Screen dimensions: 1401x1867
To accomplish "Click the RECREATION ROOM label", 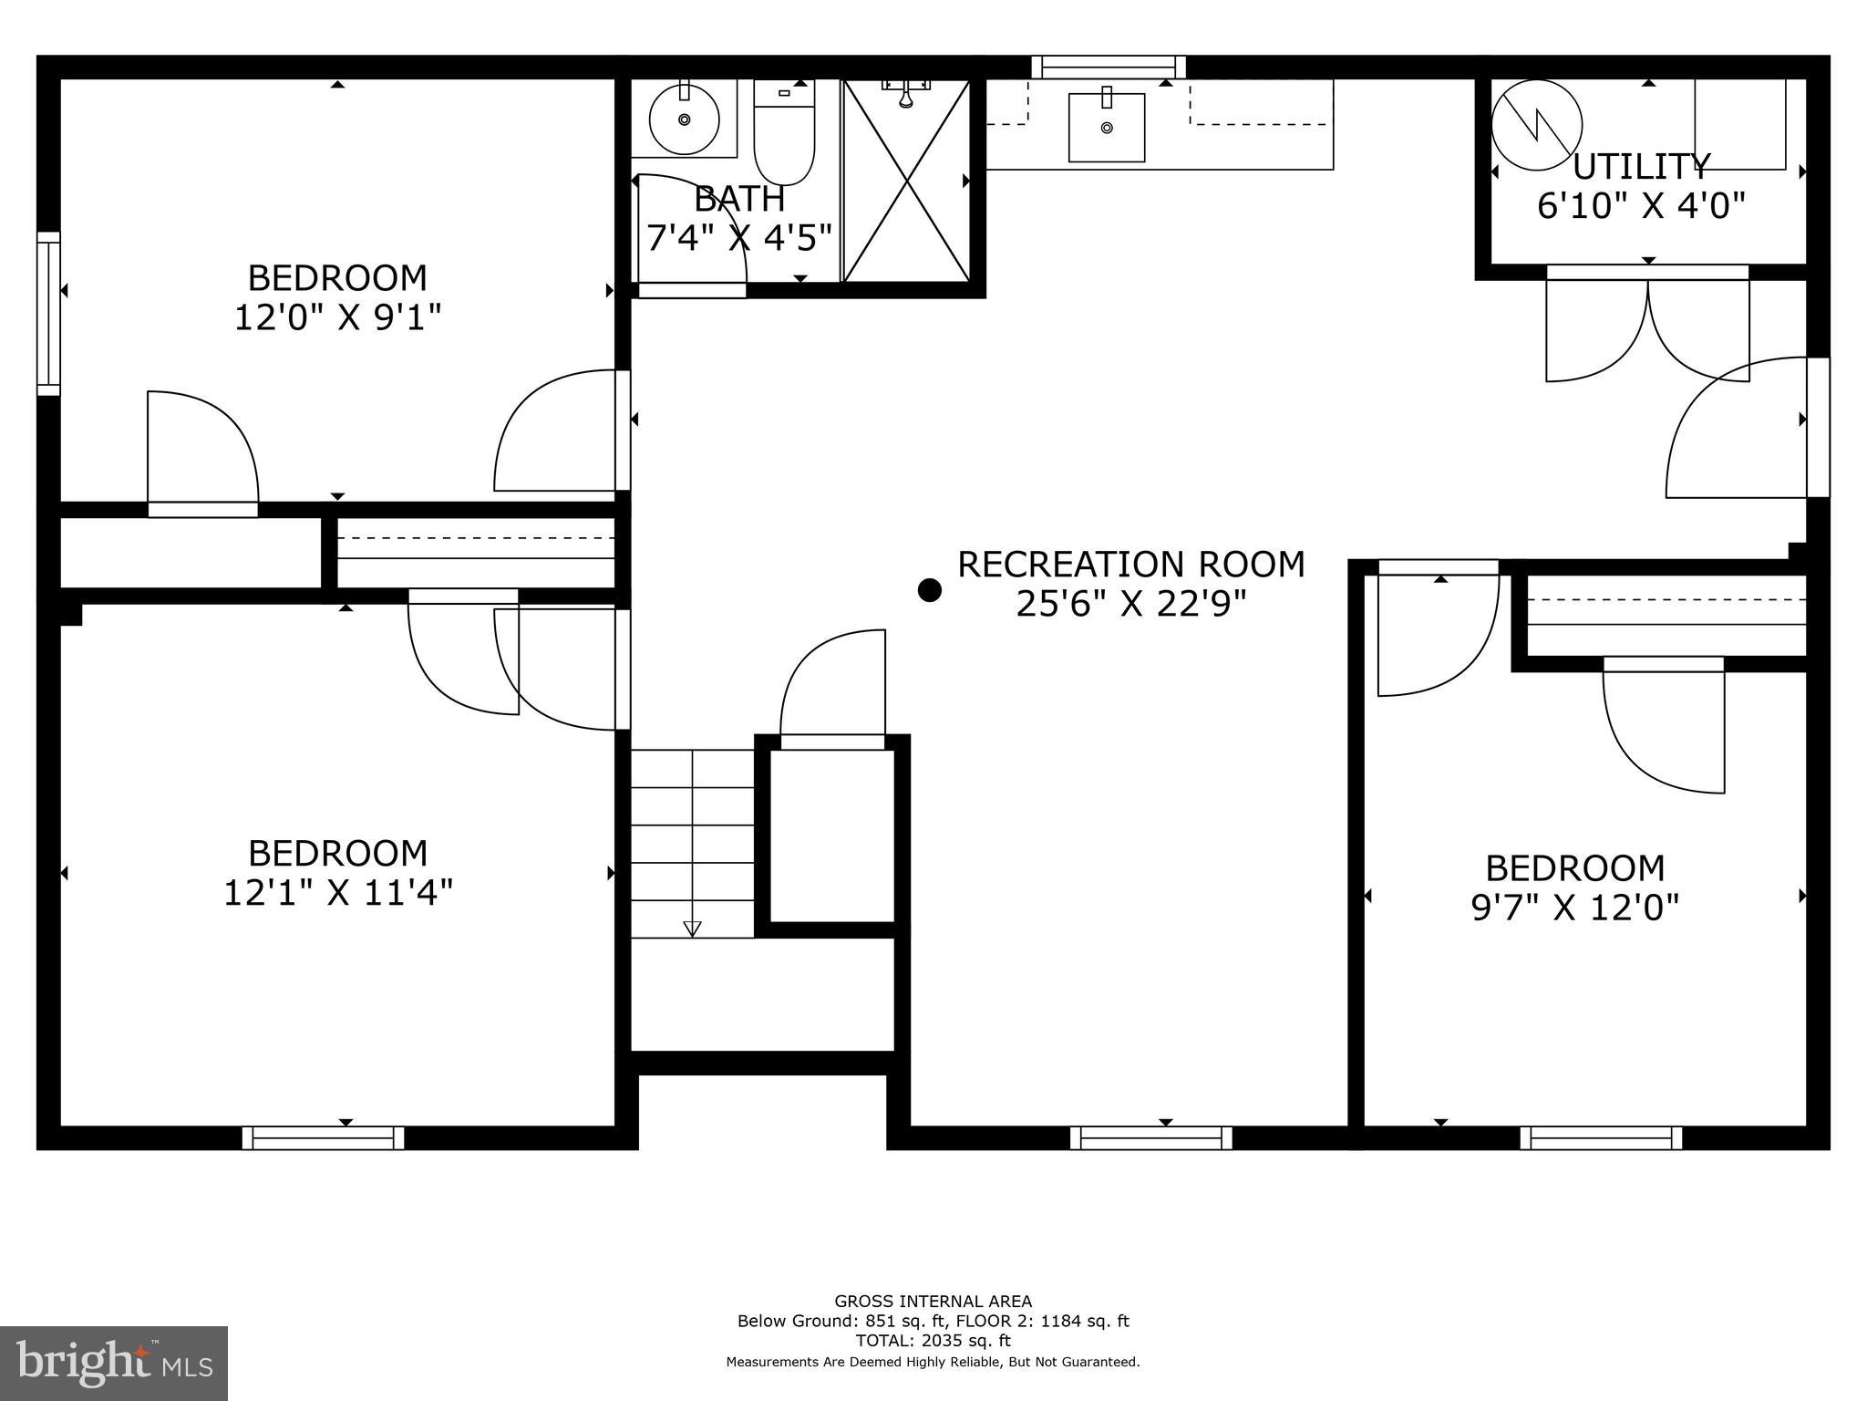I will (x=1130, y=565).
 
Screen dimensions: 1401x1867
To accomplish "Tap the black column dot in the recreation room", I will (x=929, y=590).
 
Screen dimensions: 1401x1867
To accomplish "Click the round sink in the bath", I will (x=684, y=119).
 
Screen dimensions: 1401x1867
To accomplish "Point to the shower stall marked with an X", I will (x=906, y=181).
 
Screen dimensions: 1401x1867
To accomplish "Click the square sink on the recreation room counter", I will (x=1107, y=127).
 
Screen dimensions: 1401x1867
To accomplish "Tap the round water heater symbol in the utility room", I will (x=1536, y=126).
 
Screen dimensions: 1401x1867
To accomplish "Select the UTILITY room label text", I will (x=1641, y=167).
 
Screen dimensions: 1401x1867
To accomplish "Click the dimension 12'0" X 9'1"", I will (x=337, y=317).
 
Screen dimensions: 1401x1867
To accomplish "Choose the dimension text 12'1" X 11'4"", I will (x=337, y=893).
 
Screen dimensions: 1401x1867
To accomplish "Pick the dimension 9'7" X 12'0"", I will (x=1574, y=908).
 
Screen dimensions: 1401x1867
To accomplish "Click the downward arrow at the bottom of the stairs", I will (x=692, y=929).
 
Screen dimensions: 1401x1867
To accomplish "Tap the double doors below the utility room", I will (x=1647, y=328).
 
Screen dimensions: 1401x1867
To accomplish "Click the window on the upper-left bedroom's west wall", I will (x=48, y=314).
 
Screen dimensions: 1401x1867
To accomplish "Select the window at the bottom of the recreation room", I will (x=1150, y=1137).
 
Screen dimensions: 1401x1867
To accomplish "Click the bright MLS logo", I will (x=114, y=1363).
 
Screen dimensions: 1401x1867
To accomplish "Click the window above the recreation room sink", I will (x=1108, y=67).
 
